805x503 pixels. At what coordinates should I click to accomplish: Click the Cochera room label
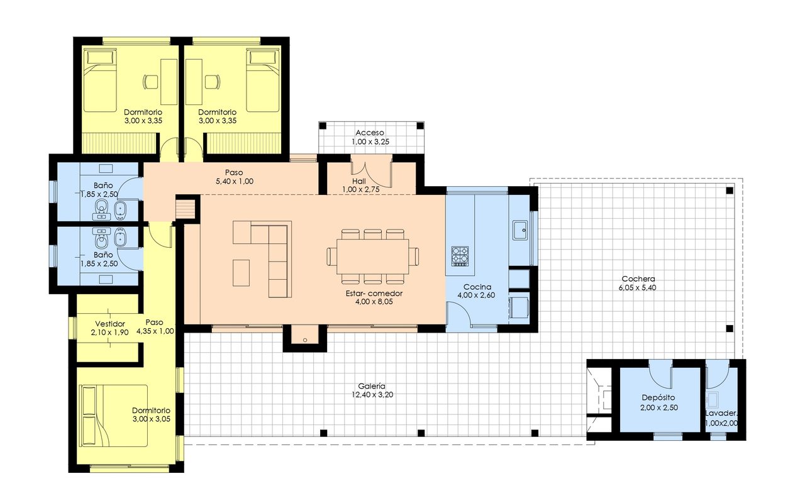(x=638, y=279)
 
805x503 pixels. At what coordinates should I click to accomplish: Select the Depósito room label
(x=658, y=398)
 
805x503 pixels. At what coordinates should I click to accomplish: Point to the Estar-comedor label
(x=374, y=293)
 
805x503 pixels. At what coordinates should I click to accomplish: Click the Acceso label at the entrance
(x=370, y=133)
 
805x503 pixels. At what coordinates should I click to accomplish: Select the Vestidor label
(x=110, y=324)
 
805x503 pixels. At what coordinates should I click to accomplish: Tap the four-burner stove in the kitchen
(x=460, y=255)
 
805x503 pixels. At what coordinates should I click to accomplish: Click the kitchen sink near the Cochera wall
(x=520, y=230)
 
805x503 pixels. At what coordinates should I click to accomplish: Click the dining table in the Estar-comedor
(x=372, y=256)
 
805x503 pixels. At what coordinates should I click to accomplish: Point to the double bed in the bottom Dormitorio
(x=113, y=416)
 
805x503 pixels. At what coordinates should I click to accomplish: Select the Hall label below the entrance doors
(x=358, y=180)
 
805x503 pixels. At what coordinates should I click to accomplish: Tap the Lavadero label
(x=721, y=413)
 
